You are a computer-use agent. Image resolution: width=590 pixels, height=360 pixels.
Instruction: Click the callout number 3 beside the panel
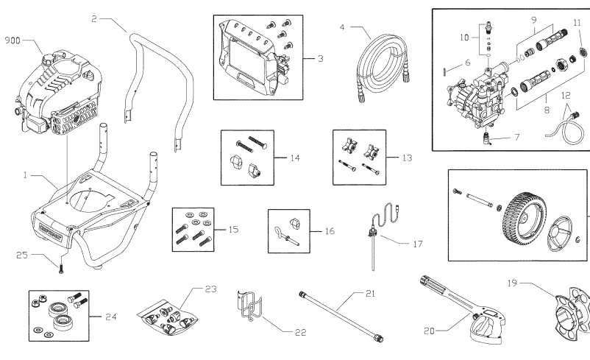click(x=321, y=58)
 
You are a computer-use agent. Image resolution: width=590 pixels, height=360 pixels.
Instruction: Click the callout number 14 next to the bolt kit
click(x=295, y=158)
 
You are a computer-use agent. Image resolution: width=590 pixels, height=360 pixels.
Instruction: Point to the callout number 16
click(x=329, y=230)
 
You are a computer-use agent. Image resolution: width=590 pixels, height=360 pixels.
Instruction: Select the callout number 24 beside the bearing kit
click(x=110, y=317)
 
